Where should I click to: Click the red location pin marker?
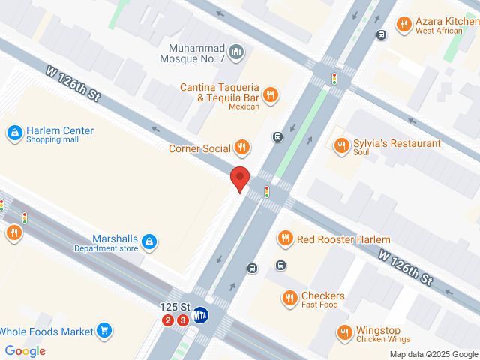[x=239, y=179]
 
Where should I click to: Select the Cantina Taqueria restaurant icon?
[x=271, y=94]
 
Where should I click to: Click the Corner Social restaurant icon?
[x=241, y=148]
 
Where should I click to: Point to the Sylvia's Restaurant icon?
[x=342, y=145]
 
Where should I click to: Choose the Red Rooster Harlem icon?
[x=285, y=239]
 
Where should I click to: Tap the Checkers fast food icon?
[x=289, y=298]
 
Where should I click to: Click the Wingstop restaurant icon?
[x=343, y=331]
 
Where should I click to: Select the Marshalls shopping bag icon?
[x=150, y=241]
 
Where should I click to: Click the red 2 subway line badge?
[x=168, y=320]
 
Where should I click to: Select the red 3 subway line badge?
[x=182, y=320]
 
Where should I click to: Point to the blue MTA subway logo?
[x=201, y=316]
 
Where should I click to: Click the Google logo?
[x=25, y=350]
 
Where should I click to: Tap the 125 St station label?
[x=174, y=307]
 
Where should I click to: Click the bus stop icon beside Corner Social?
[x=277, y=136]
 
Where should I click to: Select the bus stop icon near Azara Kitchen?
[x=381, y=34]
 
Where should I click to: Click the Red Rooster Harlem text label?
[x=343, y=239]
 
